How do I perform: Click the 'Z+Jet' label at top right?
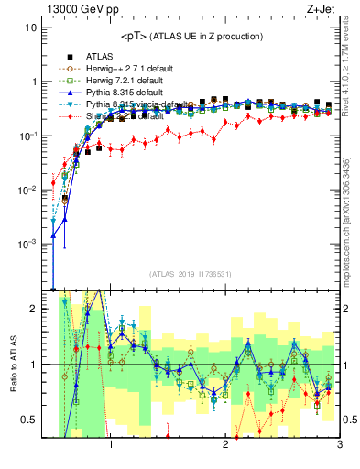pos(322,8)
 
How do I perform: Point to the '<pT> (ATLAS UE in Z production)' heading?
pos(192,36)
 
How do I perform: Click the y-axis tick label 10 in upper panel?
pos(30,27)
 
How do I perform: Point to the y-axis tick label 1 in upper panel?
pos(33,82)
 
